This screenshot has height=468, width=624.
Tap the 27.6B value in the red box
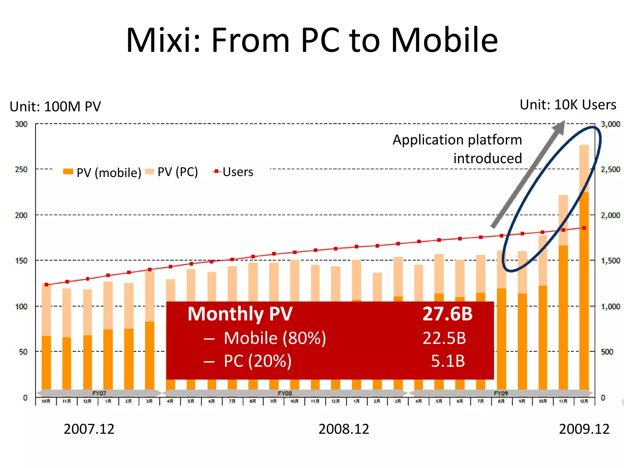[x=447, y=314]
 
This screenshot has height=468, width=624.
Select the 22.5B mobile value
[x=444, y=338]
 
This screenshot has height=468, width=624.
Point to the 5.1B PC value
[x=448, y=361]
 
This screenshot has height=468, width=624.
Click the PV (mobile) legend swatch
[x=68, y=172]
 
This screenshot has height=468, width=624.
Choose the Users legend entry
[x=233, y=172]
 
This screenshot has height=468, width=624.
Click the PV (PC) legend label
[x=177, y=172]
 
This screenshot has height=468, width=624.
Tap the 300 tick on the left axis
[x=21, y=124]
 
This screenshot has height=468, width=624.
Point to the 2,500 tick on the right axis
[x=610, y=169]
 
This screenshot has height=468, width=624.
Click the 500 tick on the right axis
[x=607, y=352]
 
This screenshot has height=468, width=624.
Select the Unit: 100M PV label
[x=55, y=107]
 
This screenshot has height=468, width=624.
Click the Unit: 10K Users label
[x=568, y=105]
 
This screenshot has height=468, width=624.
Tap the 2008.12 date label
[x=343, y=429]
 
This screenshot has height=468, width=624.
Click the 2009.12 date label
[x=584, y=429]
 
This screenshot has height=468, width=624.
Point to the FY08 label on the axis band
[x=285, y=393]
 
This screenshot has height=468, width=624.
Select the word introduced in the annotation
[x=487, y=158]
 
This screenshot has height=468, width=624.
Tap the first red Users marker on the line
[x=46, y=285]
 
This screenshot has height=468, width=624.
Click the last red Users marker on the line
[x=584, y=228]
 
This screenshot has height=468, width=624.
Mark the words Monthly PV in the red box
[x=240, y=314]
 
